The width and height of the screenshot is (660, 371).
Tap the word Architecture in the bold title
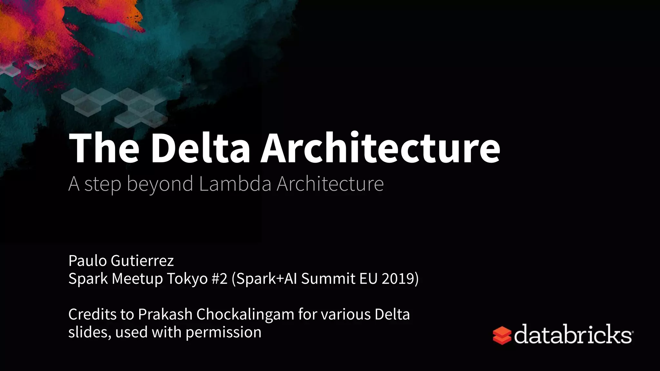380,147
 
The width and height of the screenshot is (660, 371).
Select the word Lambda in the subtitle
235,184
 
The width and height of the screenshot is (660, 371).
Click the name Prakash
165,314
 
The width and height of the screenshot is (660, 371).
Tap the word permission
223,332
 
